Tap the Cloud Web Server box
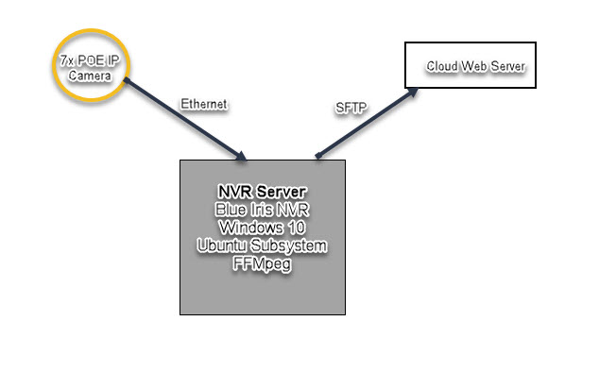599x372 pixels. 470,65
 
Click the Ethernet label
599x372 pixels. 203,105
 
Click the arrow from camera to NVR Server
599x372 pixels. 184,118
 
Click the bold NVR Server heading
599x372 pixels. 264,193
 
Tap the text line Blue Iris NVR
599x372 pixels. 264,210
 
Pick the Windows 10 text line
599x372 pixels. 264,228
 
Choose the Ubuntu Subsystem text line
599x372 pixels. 264,245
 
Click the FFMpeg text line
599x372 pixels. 264,263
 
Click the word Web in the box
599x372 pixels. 472,66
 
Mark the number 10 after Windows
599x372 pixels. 297,228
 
